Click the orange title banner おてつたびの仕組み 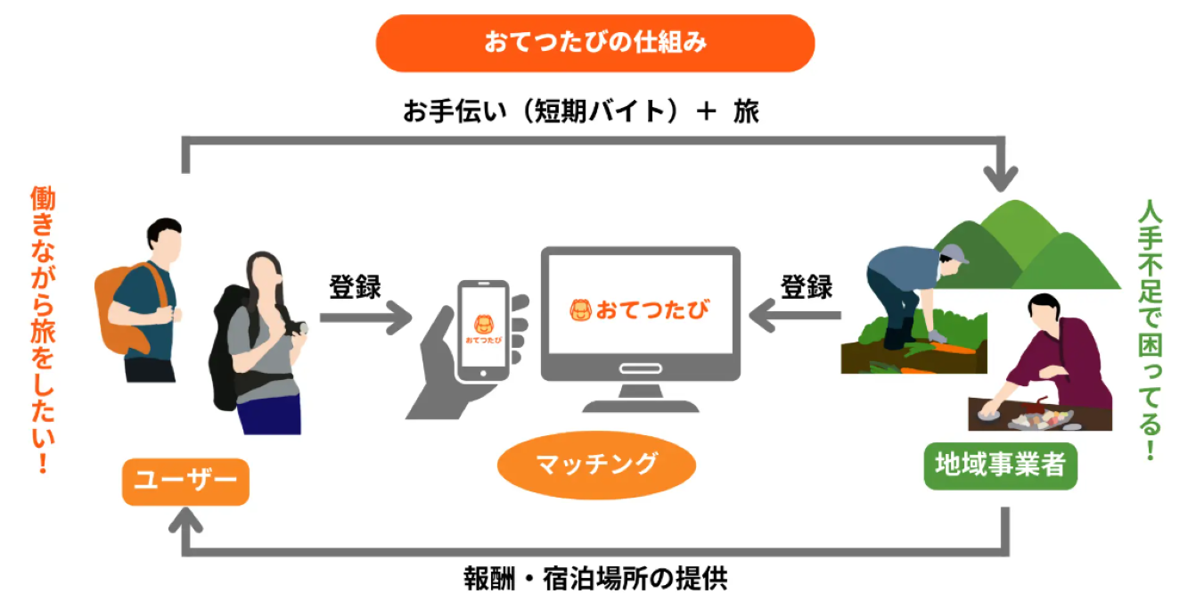(595, 43)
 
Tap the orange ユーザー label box (185, 482)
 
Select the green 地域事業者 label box (1000, 466)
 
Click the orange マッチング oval (596, 465)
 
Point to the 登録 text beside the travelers (355, 287)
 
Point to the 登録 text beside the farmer (807, 287)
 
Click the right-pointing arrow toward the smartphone (365, 318)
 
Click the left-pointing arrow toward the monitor (795, 315)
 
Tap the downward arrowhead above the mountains (1000, 179)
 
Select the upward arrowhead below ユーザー (185, 520)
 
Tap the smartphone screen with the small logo (483, 327)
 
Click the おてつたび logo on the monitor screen (640, 309)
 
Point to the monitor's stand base (641, 406)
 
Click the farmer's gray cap (954, 253)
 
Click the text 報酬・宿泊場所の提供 (595, 579)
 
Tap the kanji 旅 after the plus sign (746, 111)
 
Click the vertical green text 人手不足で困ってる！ (1151, 329)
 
